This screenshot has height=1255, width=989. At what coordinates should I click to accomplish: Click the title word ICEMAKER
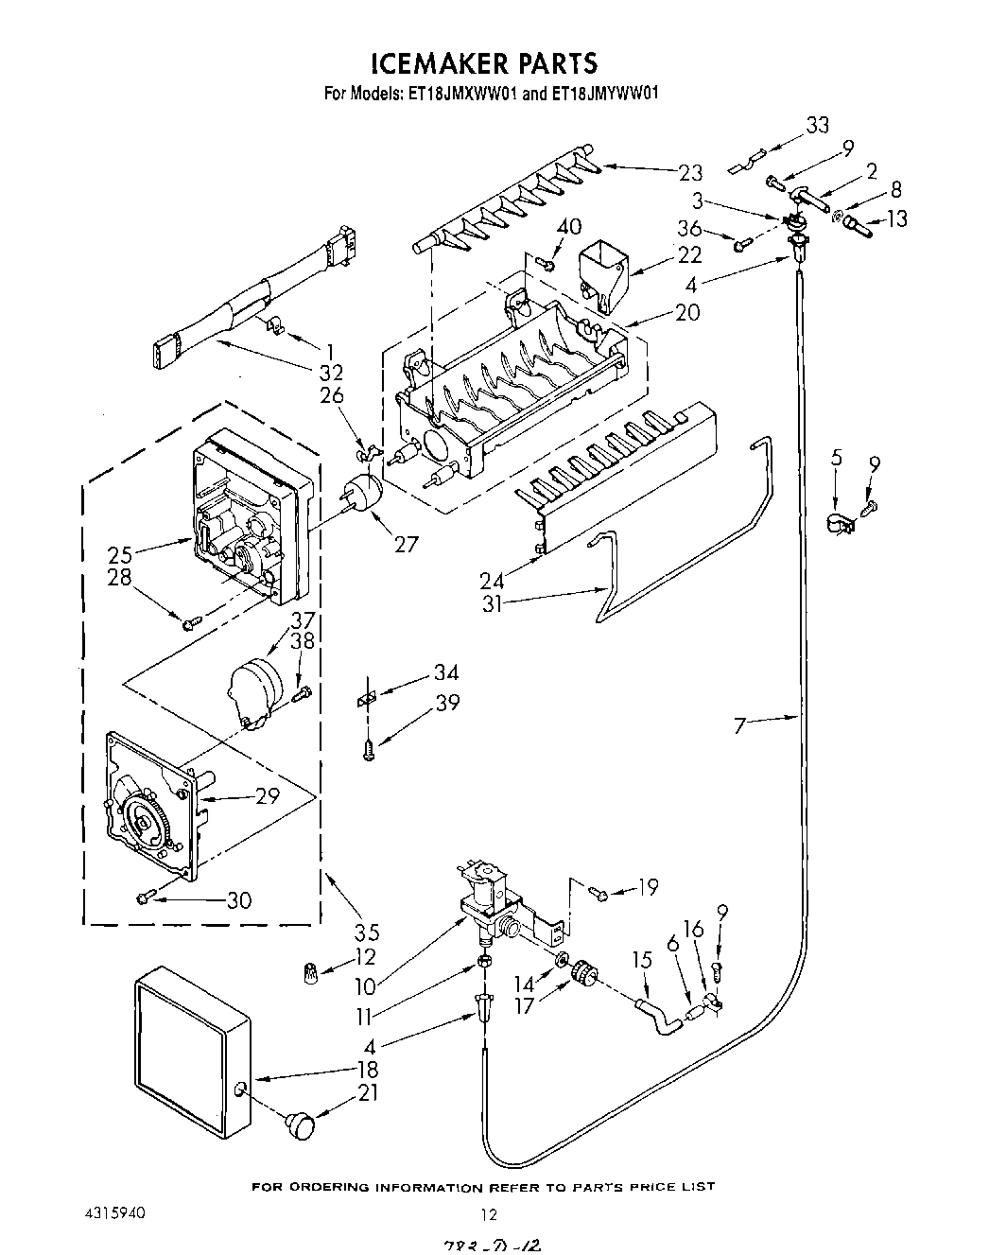[440, 62]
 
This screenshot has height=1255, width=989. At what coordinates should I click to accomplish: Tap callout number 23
[690, 172]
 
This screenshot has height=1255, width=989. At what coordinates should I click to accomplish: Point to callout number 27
[406, 545]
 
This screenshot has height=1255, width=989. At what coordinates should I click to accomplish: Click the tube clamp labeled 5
[837, 521]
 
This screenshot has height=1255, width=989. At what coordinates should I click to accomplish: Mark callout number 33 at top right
[816, 124]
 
